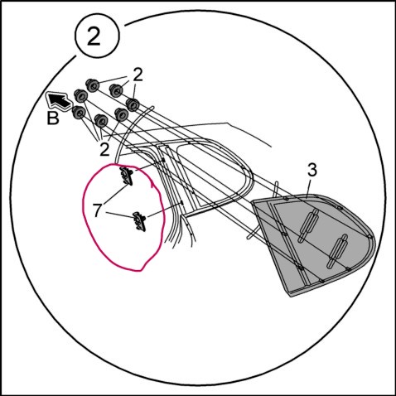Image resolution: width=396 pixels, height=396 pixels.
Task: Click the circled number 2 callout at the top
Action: (x=97, y=35)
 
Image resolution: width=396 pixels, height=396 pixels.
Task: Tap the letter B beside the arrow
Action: (x=53, y=118)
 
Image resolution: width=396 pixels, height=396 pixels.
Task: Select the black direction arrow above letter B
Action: (x=59, y=101)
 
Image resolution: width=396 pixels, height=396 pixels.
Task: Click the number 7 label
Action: (x=97, y=210)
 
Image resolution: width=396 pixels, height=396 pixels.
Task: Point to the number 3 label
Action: (x=312, y=171)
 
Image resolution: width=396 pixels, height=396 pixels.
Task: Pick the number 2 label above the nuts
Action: (x=138, y=75)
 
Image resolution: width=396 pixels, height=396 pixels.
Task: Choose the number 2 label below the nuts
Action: (x=104, y=150)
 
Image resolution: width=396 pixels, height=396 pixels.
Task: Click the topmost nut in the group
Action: (x=92, y=85)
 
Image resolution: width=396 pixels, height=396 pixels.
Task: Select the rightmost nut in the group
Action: (x=133, y=104)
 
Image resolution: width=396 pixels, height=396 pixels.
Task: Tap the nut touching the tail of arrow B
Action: (x=81, y=96)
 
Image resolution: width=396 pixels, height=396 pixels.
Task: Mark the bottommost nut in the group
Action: (x=101, y=120)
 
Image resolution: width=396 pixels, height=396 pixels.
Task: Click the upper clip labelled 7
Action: (x=126, y=175)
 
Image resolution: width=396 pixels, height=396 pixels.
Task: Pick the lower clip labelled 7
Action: (x=139, y=221)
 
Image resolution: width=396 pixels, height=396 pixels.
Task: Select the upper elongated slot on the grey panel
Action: (x=308, y=225)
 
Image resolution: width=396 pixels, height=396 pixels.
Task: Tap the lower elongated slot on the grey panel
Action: (x=337, y=251)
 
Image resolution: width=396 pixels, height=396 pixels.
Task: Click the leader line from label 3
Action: (x=309, y=188)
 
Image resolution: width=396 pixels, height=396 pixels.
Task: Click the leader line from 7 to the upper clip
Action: (x=116, y=196)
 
